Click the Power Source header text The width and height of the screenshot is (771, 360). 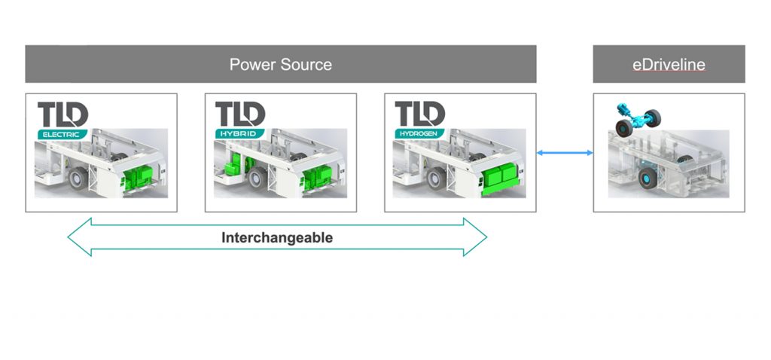click(x=280, y=64)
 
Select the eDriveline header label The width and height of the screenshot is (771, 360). click(x=669, y=64)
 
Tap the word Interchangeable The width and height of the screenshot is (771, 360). click(x=277, y=237)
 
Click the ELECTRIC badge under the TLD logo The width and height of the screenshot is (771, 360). click(x=62, y=134)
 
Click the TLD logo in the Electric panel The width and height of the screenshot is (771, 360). click(x=63, y=115)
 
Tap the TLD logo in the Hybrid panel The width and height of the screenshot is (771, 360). click(x=241, y=115)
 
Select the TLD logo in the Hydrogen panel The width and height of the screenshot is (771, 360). click(x=420, y=115)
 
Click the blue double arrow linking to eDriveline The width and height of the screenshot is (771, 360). click(x=565, y=153)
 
